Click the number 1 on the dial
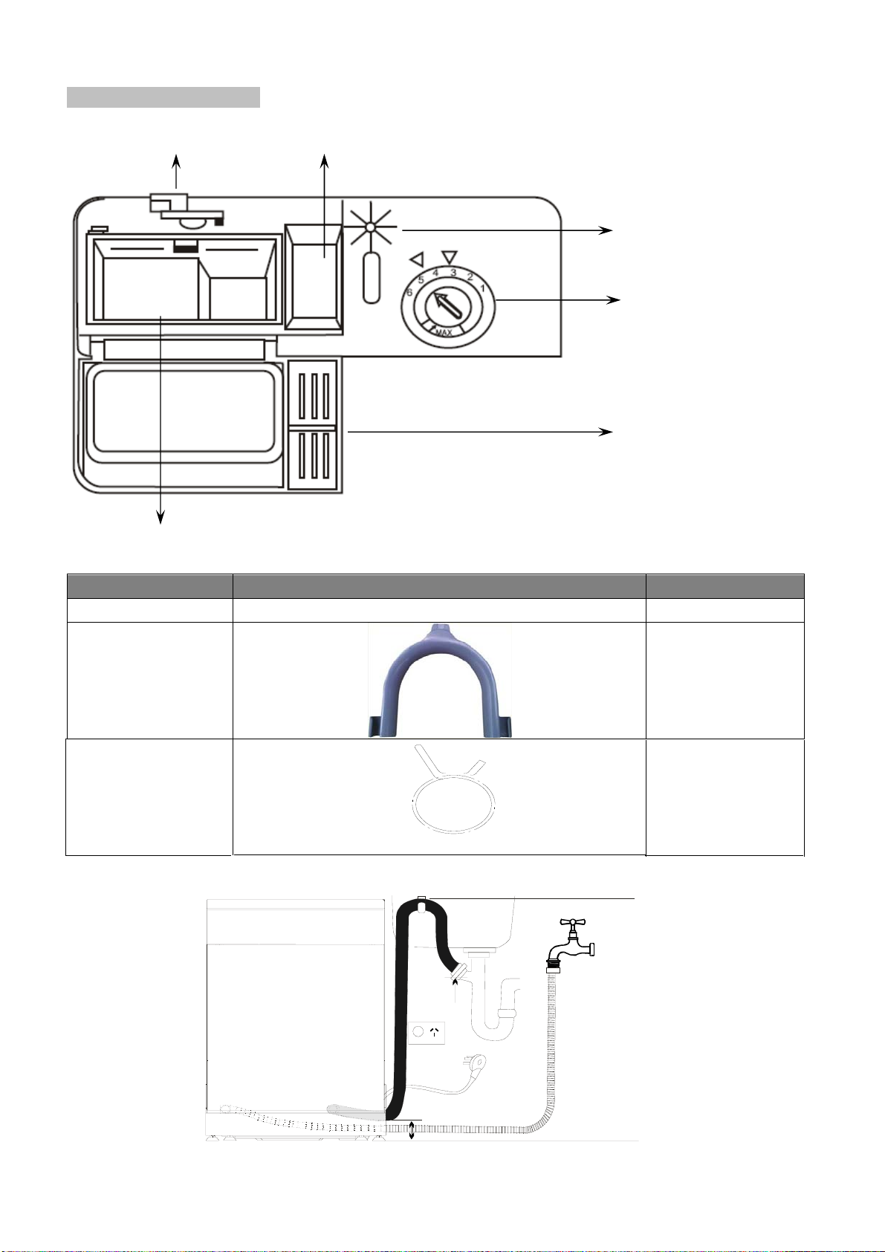482,288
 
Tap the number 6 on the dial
409,292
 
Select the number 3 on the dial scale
453,273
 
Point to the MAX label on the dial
444,333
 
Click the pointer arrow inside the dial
446,305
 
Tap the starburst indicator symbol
369,227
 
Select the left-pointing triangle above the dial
417,259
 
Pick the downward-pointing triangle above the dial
449,256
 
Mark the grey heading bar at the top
163,97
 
